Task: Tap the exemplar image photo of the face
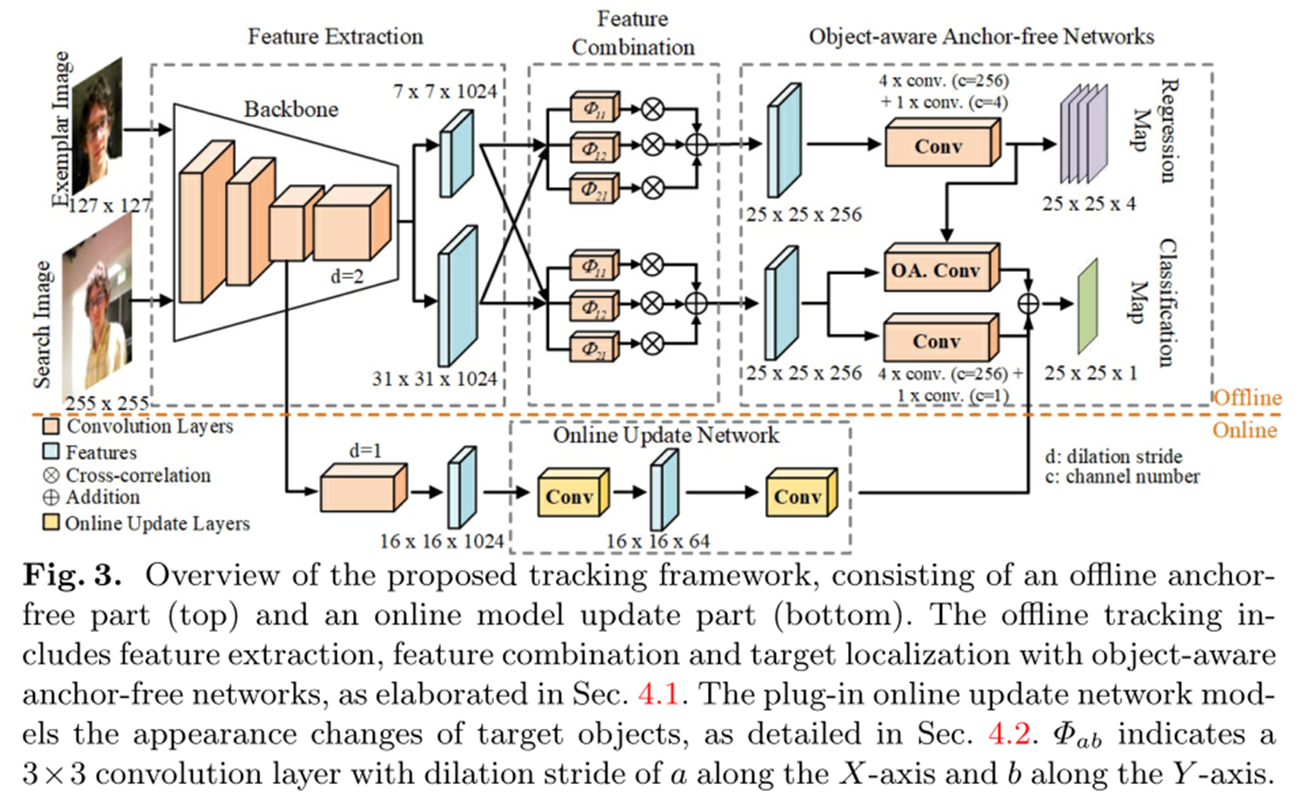(x=97, y=126)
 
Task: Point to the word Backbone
(x=290, y=110)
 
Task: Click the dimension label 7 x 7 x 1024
(x=444, y=91)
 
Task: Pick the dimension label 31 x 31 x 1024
(x=434, y=379)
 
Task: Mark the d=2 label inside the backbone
(x=346, y=276)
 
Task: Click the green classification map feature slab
(x=1087, y=306)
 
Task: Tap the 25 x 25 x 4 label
(x=1088, y=204)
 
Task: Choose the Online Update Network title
(x=665, y=435)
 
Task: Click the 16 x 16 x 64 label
(x=657, y=542)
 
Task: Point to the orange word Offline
(x=1247, y=398)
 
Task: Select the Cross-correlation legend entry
(x=127, y=475)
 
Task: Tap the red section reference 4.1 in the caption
(x=657, y=694)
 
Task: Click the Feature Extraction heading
(x=335, y=37)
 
